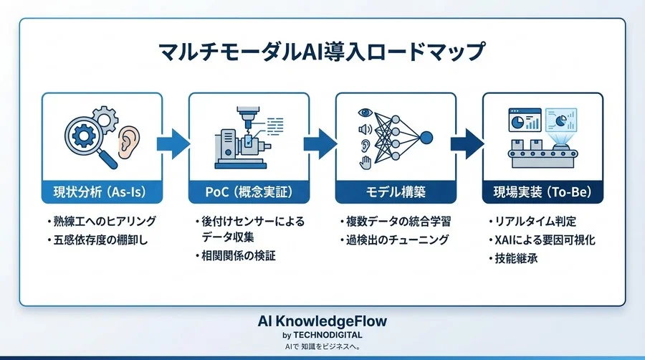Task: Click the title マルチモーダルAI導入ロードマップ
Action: click(322, 54)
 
